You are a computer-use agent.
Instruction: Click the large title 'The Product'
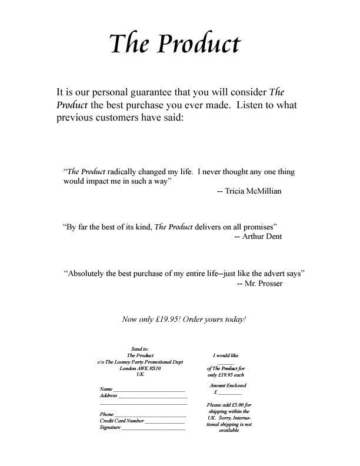pyautogui.click(x=175, y=44)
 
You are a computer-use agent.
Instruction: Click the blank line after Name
pyautogui.click(x=149, y=390)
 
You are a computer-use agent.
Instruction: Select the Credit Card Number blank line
pyautogui.click(x=165, y=422)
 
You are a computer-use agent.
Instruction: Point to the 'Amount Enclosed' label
pyautogui.click(x=228, y=385)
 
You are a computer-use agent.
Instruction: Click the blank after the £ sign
pyautogui.click(x=230, y=392)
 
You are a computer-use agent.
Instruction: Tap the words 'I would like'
pyautogui.click(x=225, y=355)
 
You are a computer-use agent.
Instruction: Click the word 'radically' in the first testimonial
pyautogui.click(x=124, y=172)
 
